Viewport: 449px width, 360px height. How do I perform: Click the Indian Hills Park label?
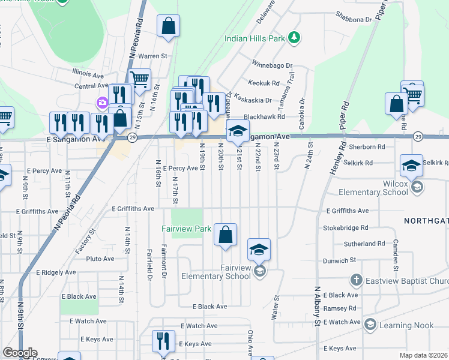click(255, 38)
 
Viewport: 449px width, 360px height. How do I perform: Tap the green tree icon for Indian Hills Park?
click(294, 38)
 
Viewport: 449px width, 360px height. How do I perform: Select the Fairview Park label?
click(186, 229)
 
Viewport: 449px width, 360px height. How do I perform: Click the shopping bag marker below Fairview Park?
click(225, 235)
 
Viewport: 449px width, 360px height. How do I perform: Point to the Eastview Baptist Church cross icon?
click(355, 280)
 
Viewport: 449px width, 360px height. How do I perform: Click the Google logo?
click(20, 353)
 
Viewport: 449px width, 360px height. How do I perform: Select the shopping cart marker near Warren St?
click(139, 79)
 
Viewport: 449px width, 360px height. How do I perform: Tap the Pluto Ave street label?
click(100, 259)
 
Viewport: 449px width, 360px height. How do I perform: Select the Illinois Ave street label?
click(88, 75)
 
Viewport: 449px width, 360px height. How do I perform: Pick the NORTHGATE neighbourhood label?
click(426, 221)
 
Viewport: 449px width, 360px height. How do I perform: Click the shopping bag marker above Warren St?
click(169, 26)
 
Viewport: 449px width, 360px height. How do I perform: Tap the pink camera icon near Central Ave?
click(103, 103)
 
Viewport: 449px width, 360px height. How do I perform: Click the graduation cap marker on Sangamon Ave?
click(238, 131)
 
